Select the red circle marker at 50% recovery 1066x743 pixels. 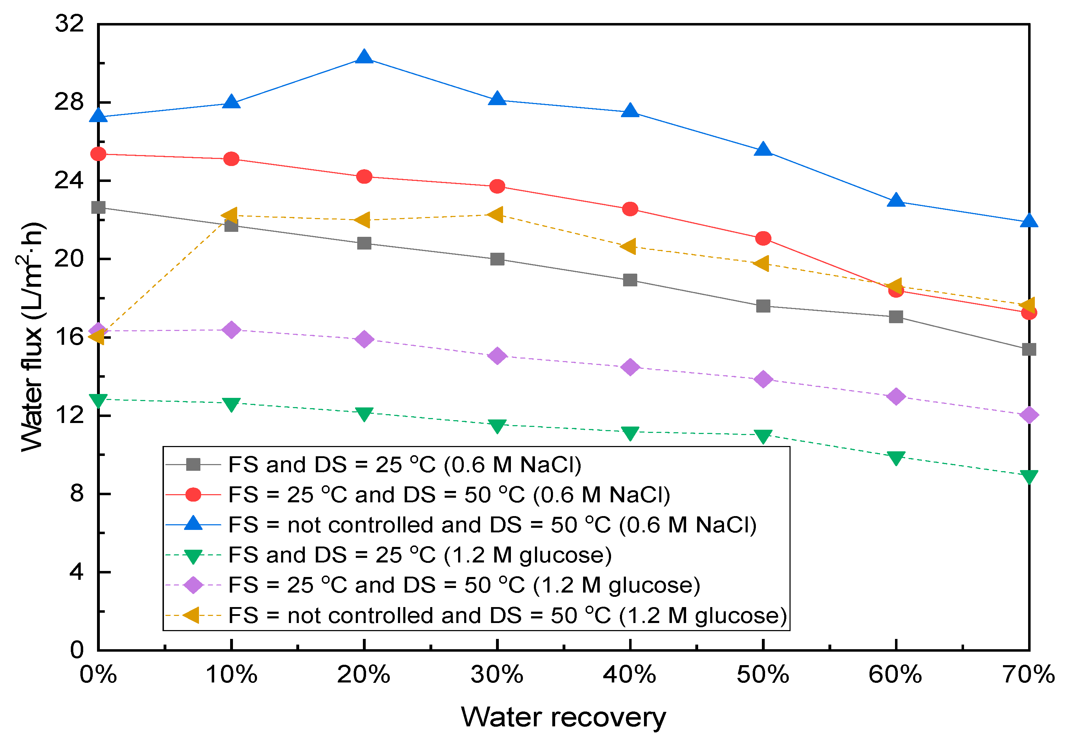[763, 239]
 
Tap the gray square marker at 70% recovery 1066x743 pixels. [1029, 349]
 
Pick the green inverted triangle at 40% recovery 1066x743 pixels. [630, 433]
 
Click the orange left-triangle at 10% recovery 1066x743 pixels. [230, 215]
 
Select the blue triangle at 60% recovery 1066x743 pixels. [896, 200]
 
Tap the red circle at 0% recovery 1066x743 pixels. [98, 154]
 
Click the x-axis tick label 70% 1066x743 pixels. [1029, 674]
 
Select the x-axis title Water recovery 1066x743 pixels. [563, 717]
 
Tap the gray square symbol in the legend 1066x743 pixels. [193, 464]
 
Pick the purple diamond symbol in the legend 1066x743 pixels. [193, 585]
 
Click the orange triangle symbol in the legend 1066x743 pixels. [192, 615]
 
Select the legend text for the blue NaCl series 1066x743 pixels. [492, 525]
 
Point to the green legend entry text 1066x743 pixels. [420, 555]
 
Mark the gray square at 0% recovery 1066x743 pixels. [98, 207]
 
